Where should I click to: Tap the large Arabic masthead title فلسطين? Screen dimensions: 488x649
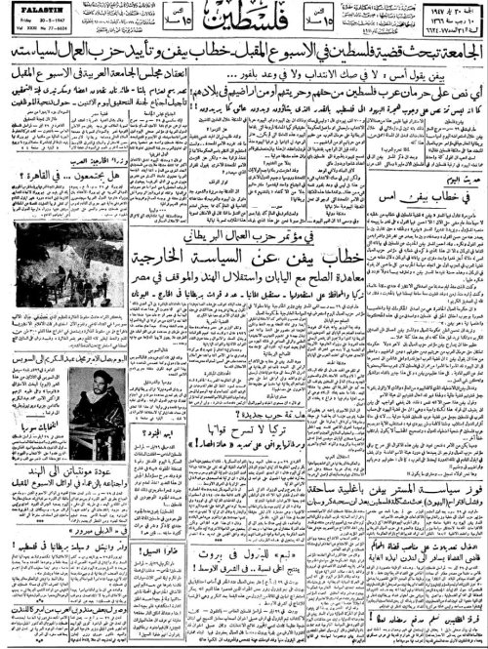point(243,22)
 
